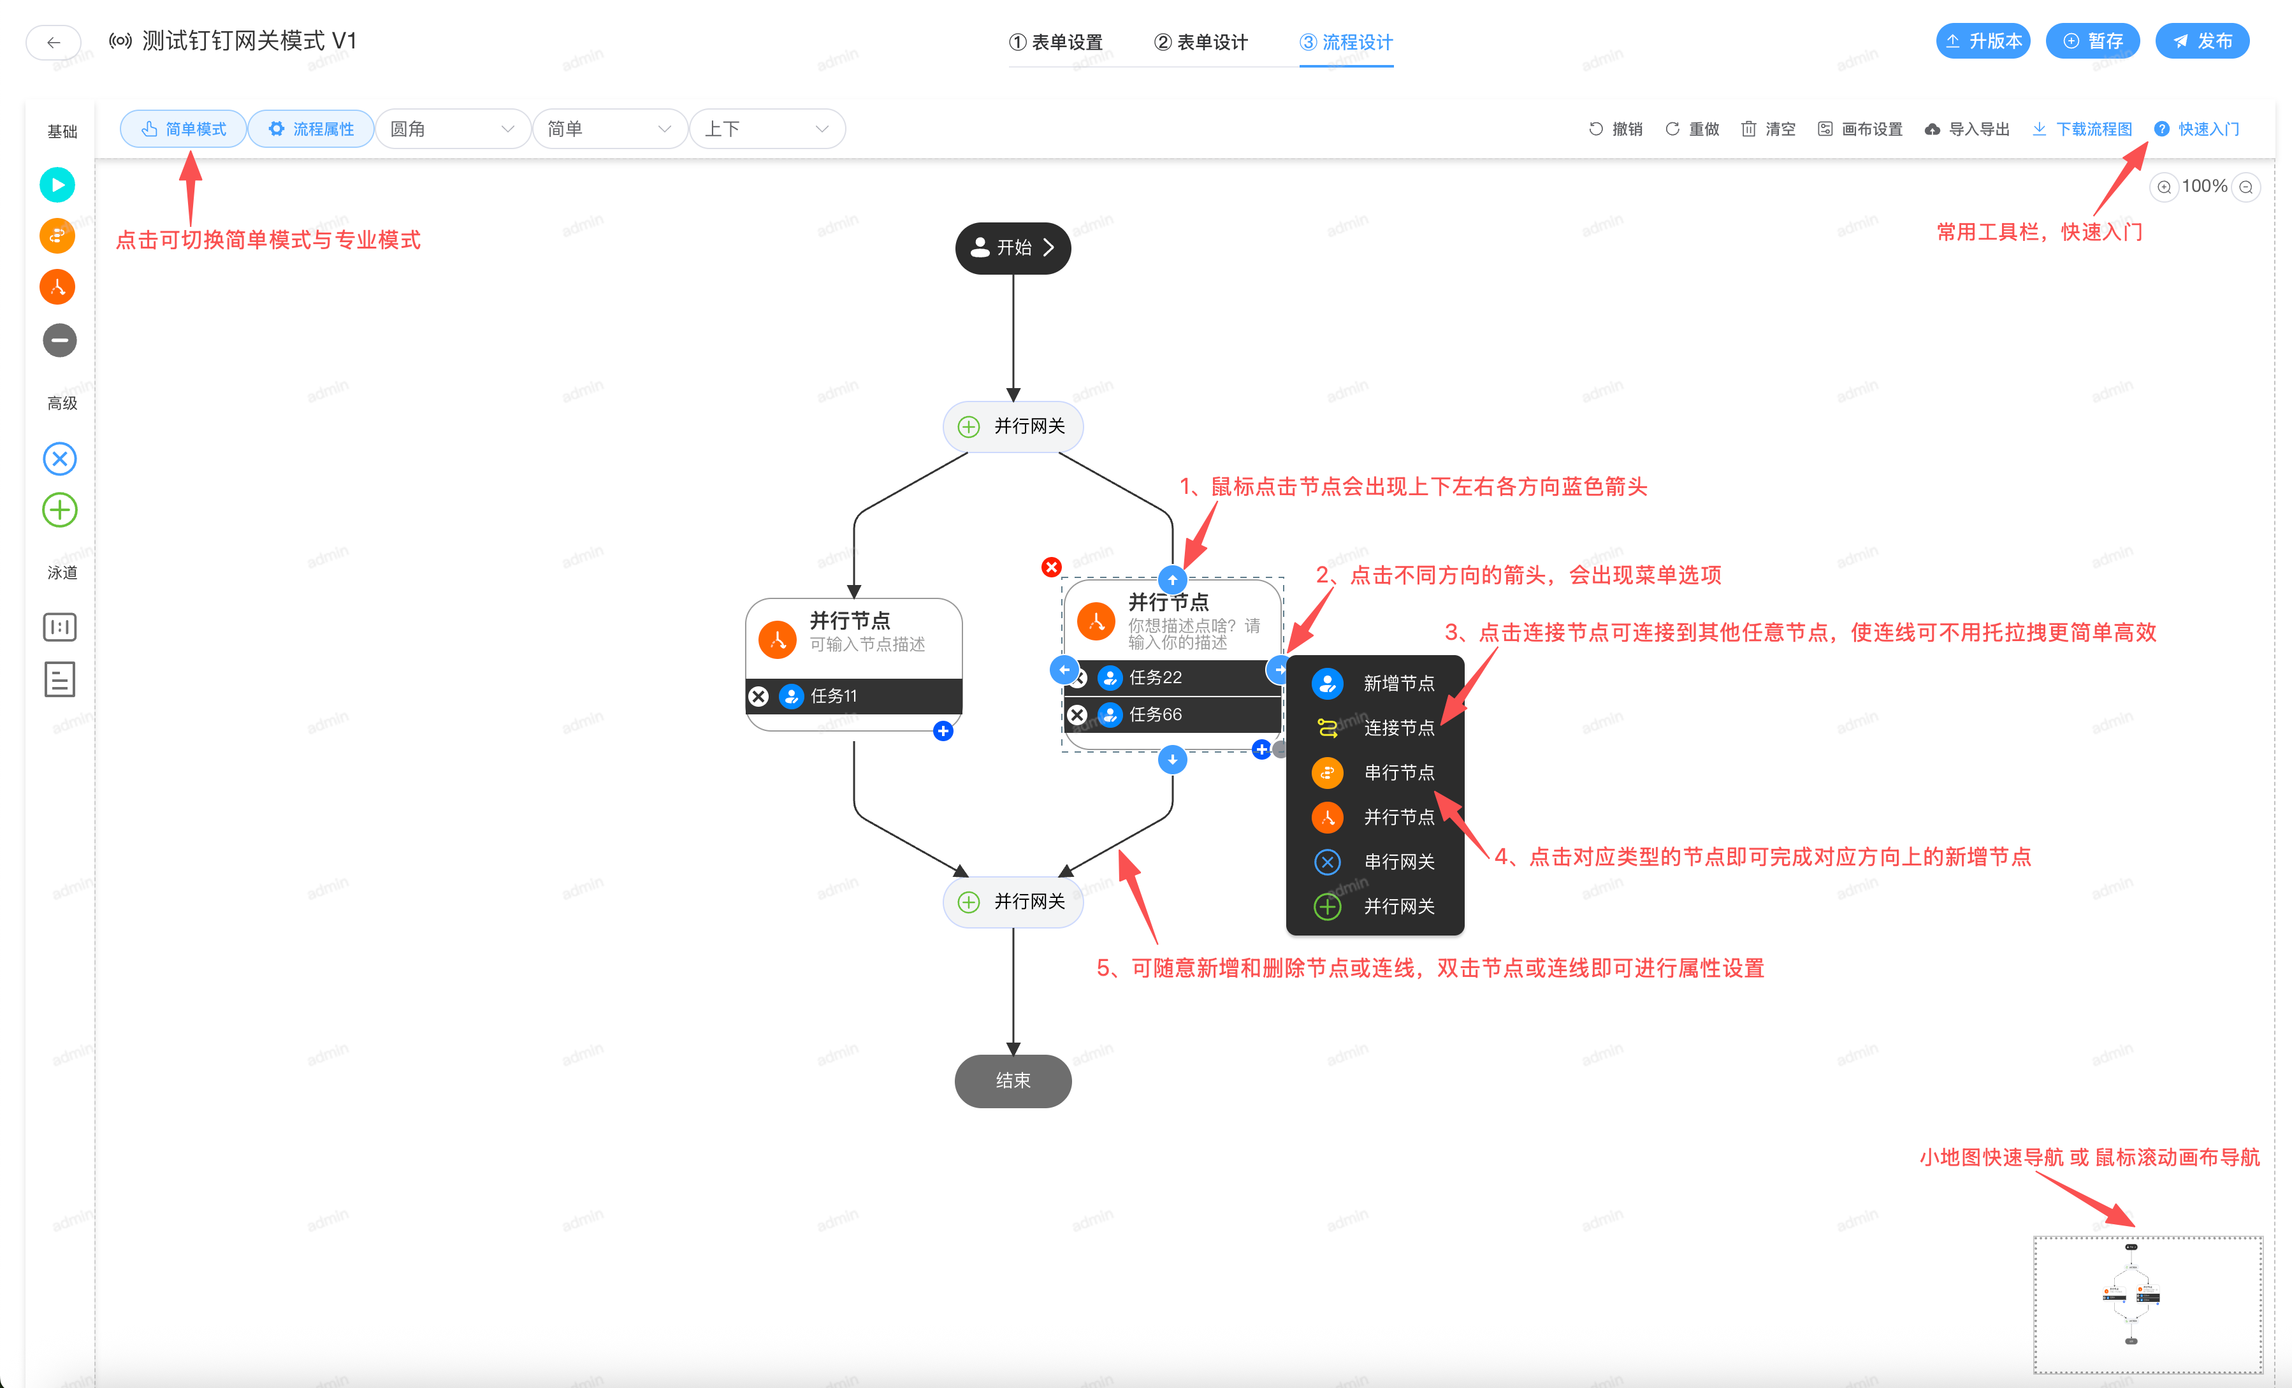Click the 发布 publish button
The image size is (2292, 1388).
(x=2201, y=41)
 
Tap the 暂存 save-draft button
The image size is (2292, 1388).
(x=2092, y=41)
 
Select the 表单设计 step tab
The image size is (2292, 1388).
(x=1201, y=42)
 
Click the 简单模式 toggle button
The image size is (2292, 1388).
(x=184, y=128)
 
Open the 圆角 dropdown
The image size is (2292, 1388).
(x=452, y=128)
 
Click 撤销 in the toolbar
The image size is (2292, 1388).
(x=1616, y=128)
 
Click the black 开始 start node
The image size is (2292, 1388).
(x=1012, y=247)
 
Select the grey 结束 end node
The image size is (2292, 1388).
(x=1012, y=1080)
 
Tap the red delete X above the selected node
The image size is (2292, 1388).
(x=1051, y=567)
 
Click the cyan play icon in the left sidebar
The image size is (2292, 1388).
(x=57, y=184)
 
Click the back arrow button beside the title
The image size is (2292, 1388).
(x=53, y=42)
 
